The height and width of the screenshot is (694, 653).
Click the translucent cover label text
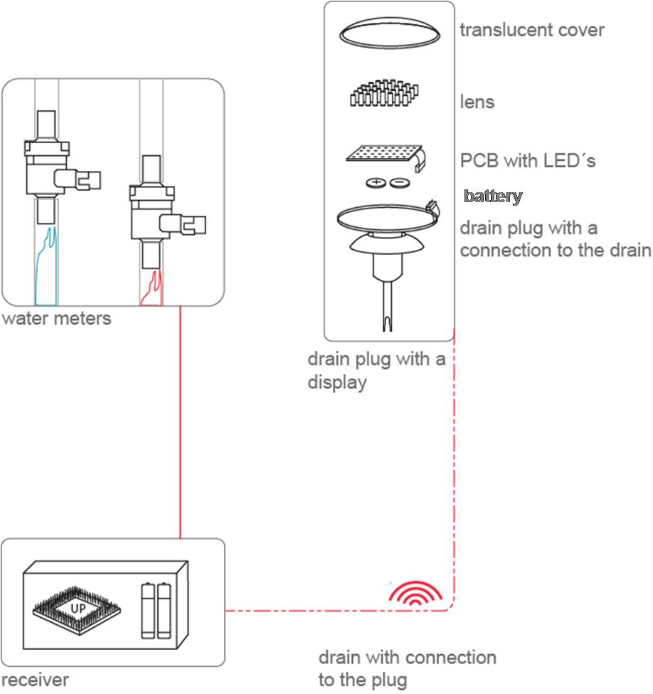(531, 31)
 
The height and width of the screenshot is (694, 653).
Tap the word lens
(477, 102)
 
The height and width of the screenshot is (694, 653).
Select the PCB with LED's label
(528, 160)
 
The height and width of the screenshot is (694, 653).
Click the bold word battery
(493, 196)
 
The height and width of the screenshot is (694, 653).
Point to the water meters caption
(56, 317)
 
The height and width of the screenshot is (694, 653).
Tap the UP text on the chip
(78, 609)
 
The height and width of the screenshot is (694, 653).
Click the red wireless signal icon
(415, 593)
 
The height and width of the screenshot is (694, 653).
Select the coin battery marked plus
(375, 183)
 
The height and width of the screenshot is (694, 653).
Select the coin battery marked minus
(399, 183)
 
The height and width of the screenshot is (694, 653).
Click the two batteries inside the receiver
(157, 609)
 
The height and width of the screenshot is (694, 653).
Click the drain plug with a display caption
(376, 369)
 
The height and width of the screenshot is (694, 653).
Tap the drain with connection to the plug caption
(407, 668)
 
